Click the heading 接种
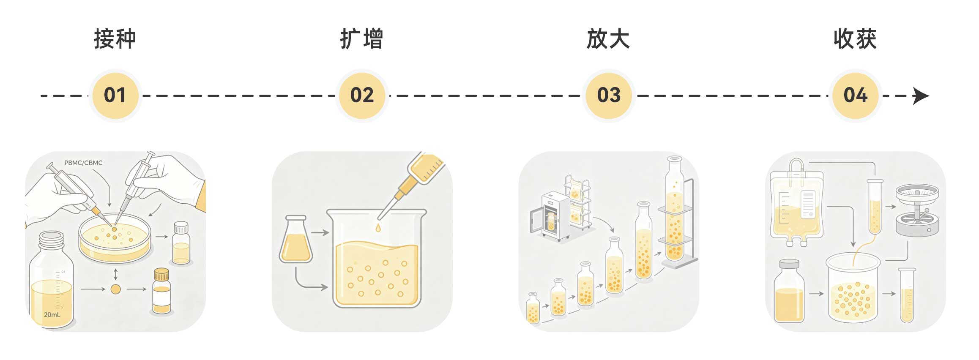[115, 39]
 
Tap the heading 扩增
[362, 39]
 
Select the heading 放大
[608, 39]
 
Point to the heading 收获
[855, 39]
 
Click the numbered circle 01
[115, 95]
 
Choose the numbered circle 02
[362, 95]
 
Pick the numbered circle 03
[609, 95]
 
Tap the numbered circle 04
[855, 95]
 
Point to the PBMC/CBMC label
[83, 163]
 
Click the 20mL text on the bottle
[52, 315]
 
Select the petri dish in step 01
[115, 238]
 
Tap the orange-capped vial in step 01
[161, 291]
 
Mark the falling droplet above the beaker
[378, 228]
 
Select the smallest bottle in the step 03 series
[533, 308]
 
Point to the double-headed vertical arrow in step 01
[115, 274]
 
